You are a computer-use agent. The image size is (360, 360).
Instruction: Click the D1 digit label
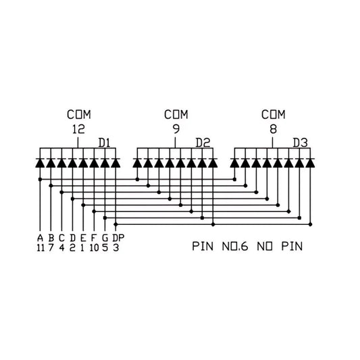coord(104,143)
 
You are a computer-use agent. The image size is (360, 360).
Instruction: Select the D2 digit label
coord(203,143)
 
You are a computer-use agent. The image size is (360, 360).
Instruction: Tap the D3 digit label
coord(300,143)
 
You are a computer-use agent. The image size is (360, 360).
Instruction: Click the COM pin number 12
coord(78,130)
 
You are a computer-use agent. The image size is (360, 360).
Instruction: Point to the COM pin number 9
coord(176,130)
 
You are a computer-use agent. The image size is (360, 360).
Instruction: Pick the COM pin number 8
coord(273,130)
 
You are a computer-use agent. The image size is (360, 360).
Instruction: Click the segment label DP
coord(118,238)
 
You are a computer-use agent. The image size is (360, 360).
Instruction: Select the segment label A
coord(40,238)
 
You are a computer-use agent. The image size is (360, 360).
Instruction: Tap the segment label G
coord(105,238)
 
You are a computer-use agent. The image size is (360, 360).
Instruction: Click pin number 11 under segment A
coord(41,248)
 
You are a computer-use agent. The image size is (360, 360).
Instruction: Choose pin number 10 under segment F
coord(94,248)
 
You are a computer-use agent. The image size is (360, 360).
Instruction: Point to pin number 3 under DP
coord(116,248)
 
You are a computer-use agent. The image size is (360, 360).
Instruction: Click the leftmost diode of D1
coord(40,163)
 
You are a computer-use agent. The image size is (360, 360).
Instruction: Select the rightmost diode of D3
coord(310,163)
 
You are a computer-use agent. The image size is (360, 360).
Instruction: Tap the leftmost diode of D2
coord(137,163)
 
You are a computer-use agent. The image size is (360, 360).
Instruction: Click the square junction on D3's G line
coord(299,217)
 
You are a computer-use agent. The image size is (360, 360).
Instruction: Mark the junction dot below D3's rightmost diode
coord(311,224)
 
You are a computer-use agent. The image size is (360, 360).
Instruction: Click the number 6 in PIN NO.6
coord(244,247)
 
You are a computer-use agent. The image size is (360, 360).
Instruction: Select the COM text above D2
coord(176,115)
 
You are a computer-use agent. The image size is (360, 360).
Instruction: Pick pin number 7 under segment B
coord(51,248)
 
